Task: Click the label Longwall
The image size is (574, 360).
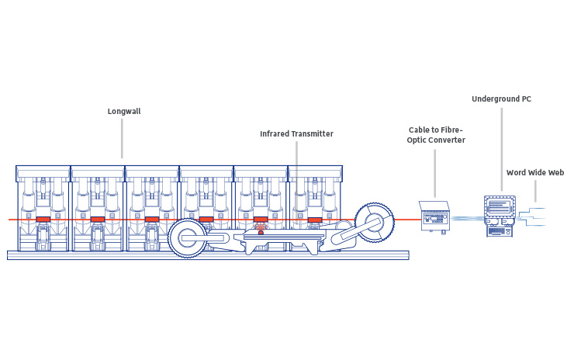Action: click(x=124, y=111)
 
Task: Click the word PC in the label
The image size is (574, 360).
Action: click(x=526, y=99)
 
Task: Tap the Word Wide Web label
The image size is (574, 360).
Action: click(x=534, y=173)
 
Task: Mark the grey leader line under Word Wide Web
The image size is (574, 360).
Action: click(x=534, y=189)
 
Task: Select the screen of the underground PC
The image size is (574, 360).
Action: click(x=500, y=207)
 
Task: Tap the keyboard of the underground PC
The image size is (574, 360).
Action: click(x=500, y=230)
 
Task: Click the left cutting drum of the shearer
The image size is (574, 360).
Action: click(x=186, y=237)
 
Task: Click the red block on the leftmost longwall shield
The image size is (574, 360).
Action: click(x=43, y=220)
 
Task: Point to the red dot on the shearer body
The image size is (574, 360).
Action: click(x=261, y=231)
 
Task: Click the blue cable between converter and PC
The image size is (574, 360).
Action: click(x=467, y=219)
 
